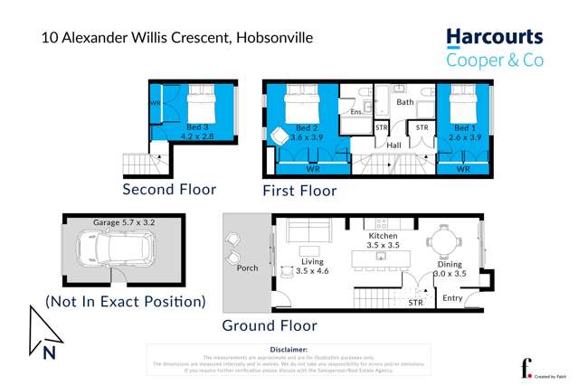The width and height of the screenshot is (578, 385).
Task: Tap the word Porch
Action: tap(247, 268)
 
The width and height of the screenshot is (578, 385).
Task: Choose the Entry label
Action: tap(451, 297)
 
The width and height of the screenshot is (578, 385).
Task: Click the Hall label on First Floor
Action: tap(393, 145)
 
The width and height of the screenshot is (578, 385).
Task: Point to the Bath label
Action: tap(404, 103)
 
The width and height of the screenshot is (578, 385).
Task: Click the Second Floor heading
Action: tap(170, 189)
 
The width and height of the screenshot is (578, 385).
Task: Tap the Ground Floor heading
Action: tap(270, 325)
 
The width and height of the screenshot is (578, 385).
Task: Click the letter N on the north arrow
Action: tap(50, 351)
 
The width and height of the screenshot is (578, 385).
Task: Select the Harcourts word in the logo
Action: tap(494, 38)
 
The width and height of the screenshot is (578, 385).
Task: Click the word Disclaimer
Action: tap(289, 349)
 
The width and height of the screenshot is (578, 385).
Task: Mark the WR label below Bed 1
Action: tap(463, 169)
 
